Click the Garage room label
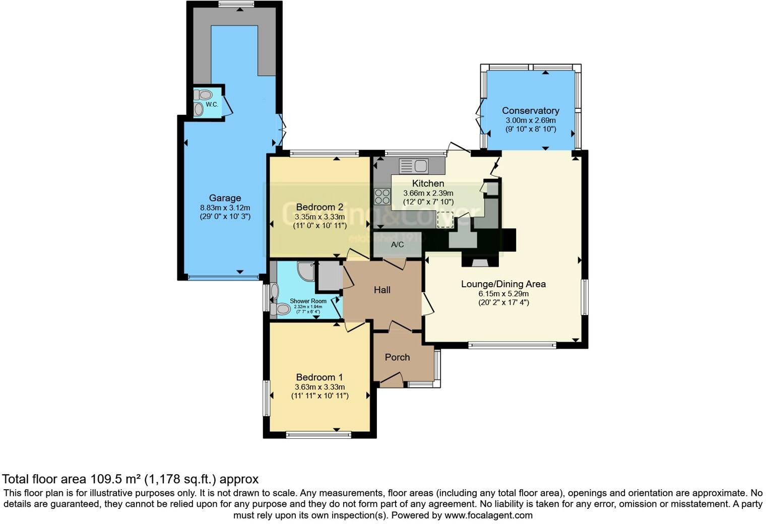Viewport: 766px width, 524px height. (225, 198)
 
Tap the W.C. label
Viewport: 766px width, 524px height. (212, 105)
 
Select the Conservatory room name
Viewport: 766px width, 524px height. (530, 111)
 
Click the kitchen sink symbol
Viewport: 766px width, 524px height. (413, 165)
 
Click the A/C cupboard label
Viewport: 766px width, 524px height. (398, 245)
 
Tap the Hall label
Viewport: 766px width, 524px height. (382, 290)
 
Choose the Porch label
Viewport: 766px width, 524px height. (397, 357)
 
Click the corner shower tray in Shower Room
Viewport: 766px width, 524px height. (305, 271)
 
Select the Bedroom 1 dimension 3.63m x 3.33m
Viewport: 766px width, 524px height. (320, 387)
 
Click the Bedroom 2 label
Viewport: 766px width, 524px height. (320, 207)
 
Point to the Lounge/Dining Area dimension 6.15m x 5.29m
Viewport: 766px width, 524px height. (503, 294)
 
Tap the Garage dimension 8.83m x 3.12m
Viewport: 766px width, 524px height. (225, 208)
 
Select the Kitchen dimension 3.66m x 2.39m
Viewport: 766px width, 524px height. (428, 193)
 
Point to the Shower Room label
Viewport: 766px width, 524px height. (308, 301)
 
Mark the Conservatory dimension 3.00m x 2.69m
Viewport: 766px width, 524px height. (530, 120)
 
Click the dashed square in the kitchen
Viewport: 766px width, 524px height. (445, 220)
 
